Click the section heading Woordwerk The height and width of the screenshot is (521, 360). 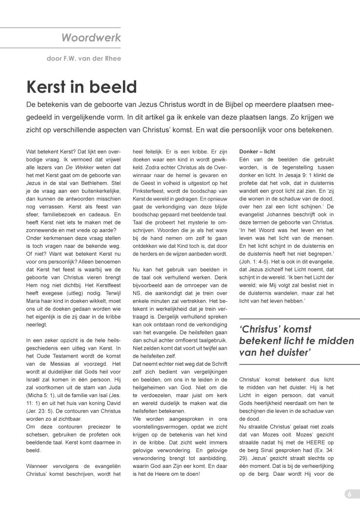(x=91, y=38)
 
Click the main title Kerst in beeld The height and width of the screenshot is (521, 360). (x=81, y=87)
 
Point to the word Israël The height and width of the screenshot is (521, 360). (x=36, y=364)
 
